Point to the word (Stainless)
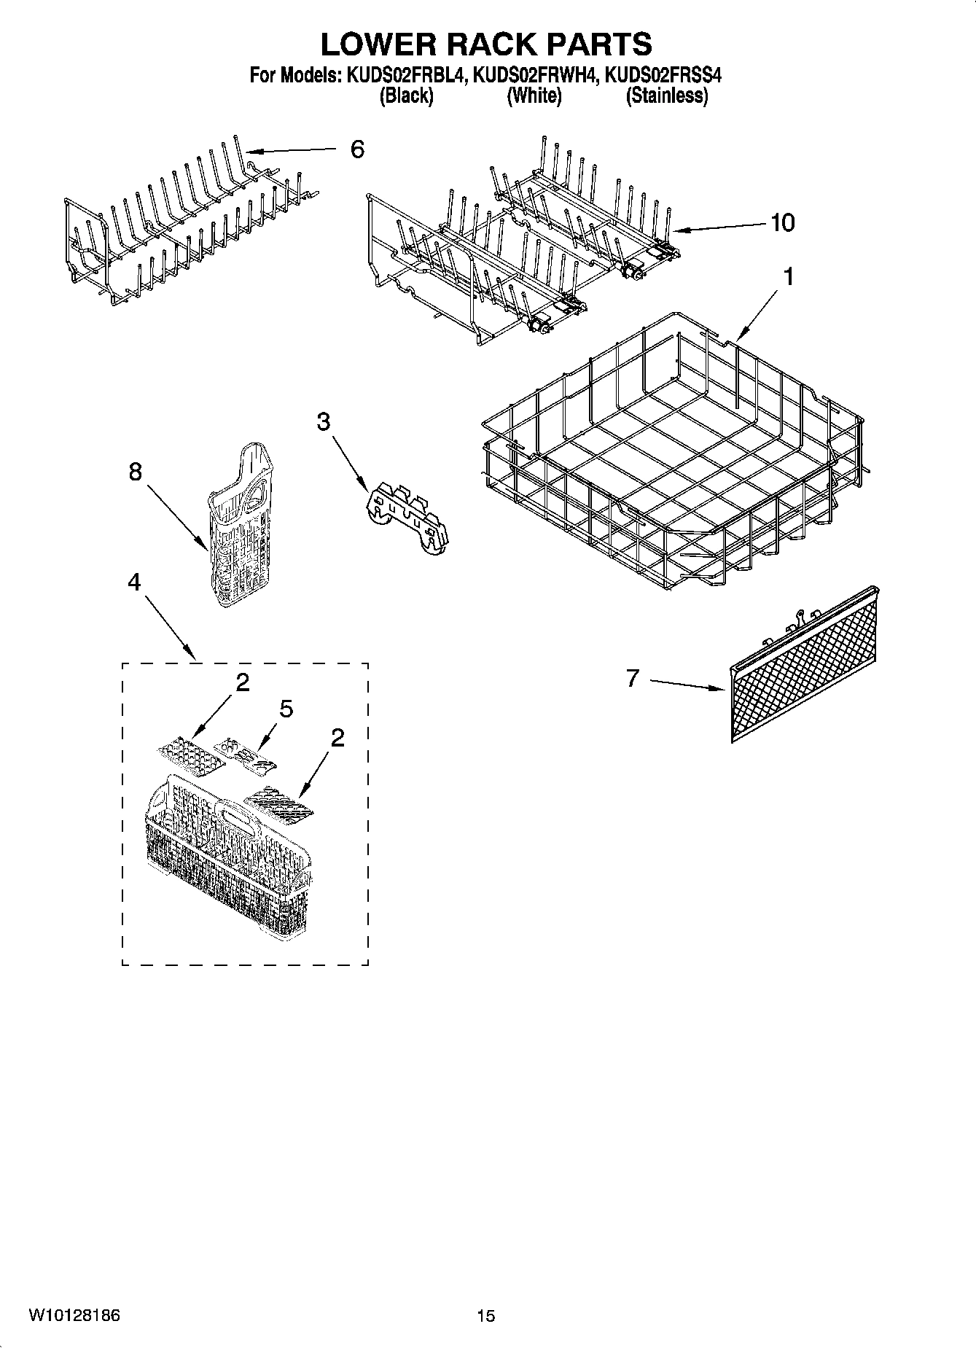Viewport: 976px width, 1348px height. click(667, 96)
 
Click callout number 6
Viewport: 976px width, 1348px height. click(356, 149)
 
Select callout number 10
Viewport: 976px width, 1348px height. click(782, 222)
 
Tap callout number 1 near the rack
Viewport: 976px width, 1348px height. click(788, 277)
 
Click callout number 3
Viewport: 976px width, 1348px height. click(323, 421)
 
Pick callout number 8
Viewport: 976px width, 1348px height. click(135, 472)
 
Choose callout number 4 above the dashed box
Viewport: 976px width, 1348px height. click(134, 581)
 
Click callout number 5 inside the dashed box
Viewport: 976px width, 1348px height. click(286, 708)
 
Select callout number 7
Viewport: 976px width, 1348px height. click(632, 678)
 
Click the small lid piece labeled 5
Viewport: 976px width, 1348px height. click(246, 753)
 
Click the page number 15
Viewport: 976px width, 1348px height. click(485, 1316)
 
